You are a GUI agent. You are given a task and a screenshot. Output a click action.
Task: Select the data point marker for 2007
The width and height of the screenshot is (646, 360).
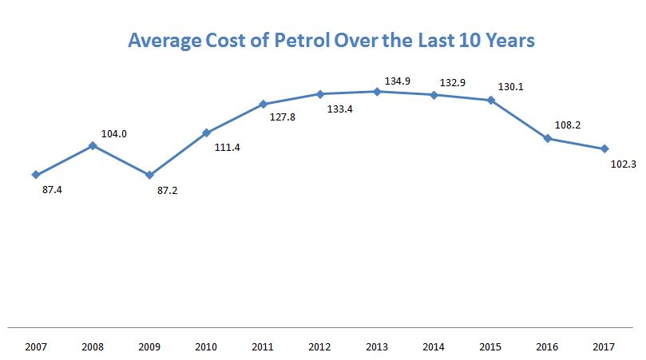[x=36, y=175]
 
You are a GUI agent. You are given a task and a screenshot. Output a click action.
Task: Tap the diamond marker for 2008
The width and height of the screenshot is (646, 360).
[x=93, y=145]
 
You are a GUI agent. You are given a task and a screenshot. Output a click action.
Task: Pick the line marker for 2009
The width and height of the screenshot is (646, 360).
[x=149, y=175]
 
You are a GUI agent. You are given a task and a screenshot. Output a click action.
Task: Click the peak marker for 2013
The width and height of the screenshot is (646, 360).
[x=377, y=91]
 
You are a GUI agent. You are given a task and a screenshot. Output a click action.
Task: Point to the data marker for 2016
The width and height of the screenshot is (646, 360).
[x=548, y=139]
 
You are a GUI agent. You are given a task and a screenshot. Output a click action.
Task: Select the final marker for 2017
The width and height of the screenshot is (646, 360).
[x=604, y=148]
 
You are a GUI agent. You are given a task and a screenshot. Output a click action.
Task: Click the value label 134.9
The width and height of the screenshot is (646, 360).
[x=397, y=81]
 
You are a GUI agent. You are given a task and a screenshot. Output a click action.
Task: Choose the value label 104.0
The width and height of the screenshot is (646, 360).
[x=114, y=134]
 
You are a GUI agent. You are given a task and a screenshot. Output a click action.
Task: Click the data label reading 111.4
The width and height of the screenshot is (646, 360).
[x=228, y=147]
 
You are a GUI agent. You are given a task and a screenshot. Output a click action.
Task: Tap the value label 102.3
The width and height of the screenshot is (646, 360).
[x=623, y=164]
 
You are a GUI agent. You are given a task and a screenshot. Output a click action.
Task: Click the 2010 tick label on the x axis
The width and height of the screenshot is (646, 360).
[x=206, y=347]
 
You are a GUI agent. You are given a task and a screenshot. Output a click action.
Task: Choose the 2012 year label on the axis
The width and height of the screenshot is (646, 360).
[x=320, y=347]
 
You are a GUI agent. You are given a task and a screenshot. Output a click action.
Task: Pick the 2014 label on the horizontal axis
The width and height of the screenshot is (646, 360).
[x=434, y=347]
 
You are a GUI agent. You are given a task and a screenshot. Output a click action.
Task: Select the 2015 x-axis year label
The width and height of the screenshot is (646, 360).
[x=491, y=347]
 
